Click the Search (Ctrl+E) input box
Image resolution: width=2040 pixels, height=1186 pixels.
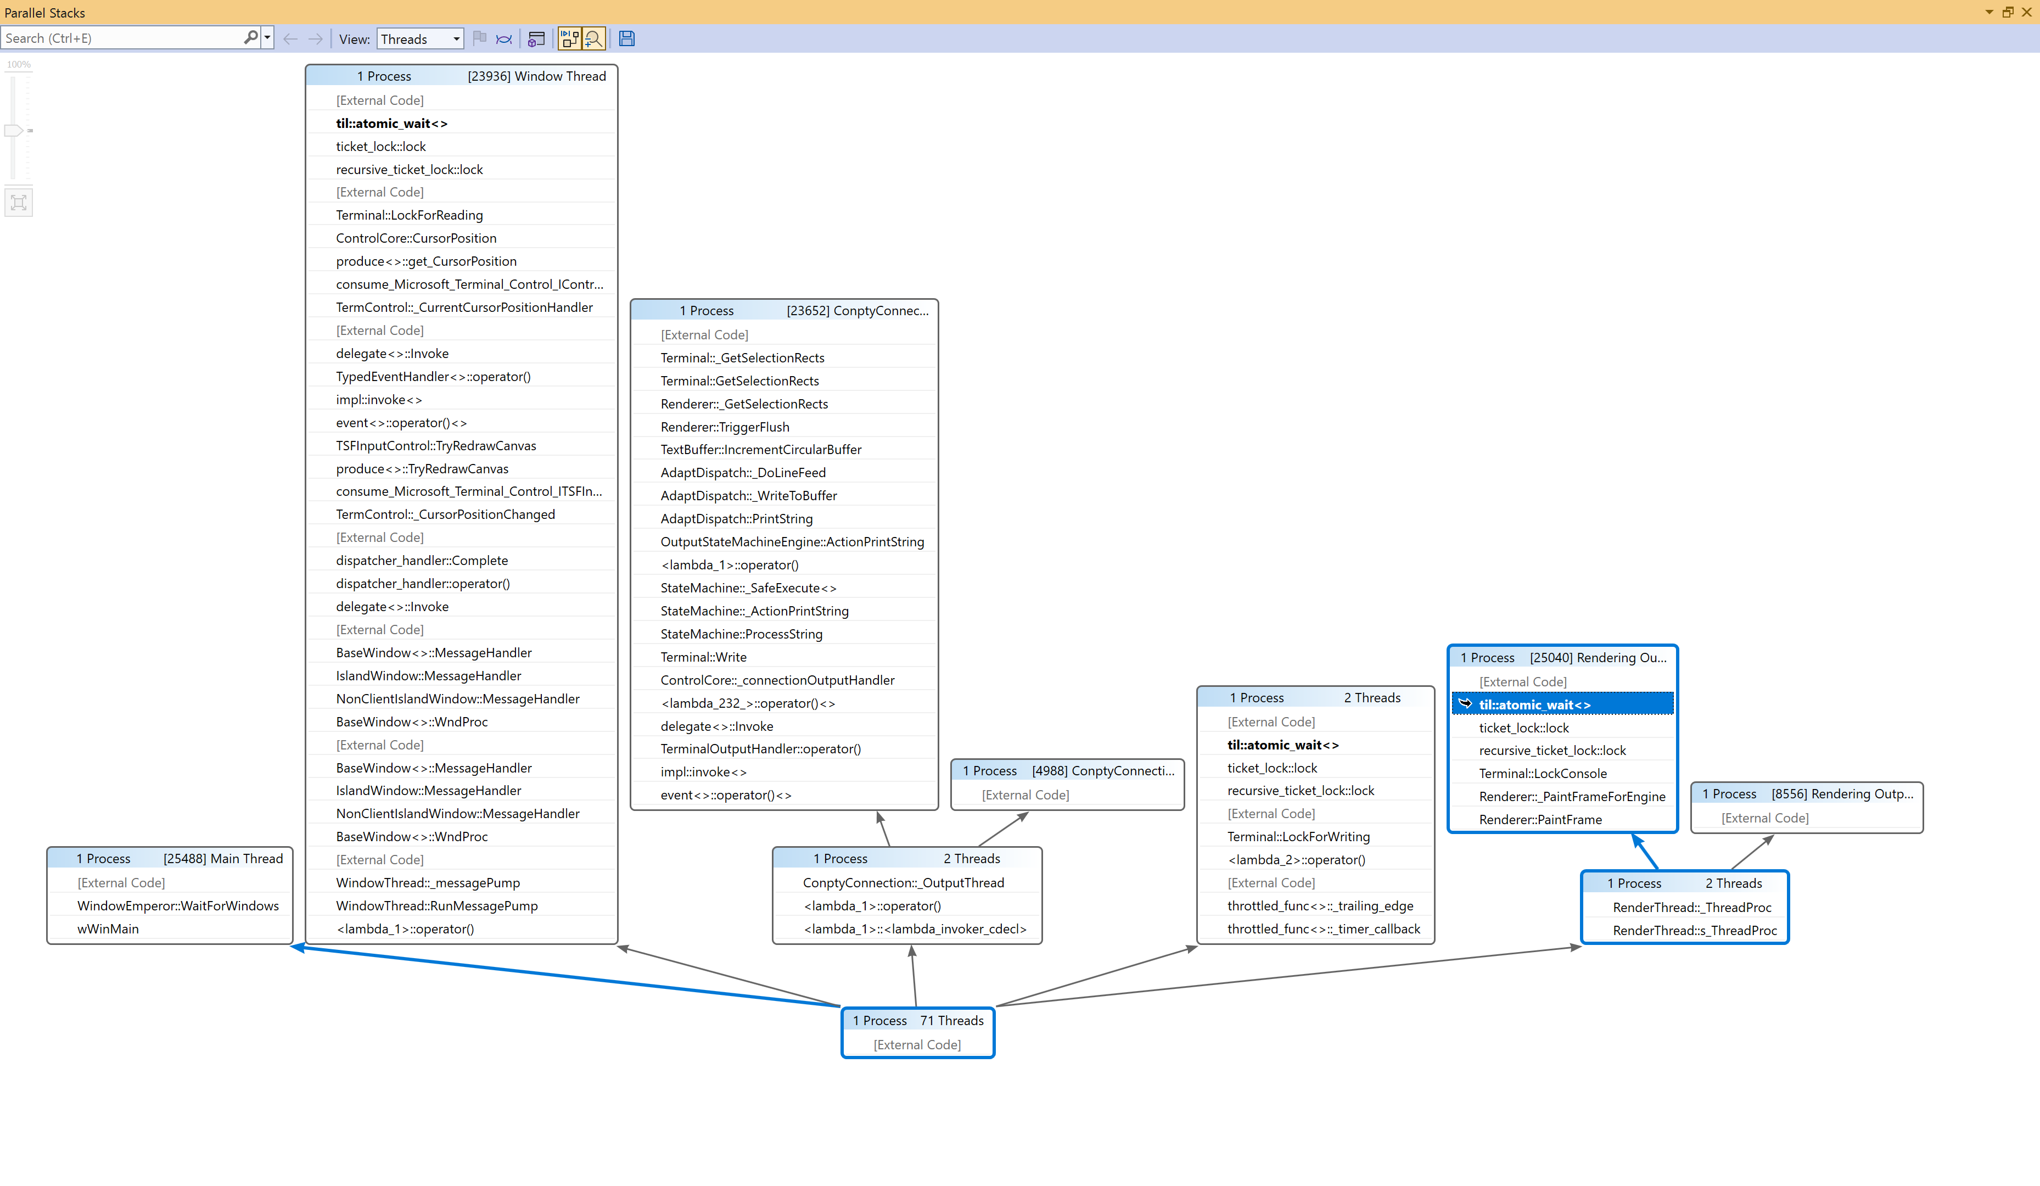click(121, 38)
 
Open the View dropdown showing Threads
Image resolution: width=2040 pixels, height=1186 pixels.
click(420, 39)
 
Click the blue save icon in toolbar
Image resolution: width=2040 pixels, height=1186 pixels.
click(626, 39)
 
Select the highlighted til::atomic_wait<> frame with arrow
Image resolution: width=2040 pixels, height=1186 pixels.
click(1534, 704)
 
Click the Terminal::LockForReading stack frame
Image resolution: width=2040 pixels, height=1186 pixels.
click(409, 215)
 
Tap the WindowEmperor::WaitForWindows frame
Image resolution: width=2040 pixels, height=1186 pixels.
click(177, 906)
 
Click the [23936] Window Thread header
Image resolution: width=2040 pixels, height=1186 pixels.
click(536, 76)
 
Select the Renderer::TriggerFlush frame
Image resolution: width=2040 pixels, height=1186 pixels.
click(725, 427)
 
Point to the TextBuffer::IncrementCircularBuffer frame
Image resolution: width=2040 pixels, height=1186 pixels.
click(761, 449)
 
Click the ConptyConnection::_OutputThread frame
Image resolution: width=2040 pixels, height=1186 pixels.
click(903, 882)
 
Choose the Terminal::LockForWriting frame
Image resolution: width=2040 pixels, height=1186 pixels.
click(1298, 836)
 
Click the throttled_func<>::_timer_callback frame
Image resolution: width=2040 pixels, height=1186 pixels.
click(1323, 928)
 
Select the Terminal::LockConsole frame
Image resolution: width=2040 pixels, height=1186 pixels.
click(1542, 773)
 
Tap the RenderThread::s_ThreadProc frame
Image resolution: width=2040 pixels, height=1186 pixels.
click(1694, 930)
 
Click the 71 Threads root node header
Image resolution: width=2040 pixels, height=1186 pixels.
click(918, 1020)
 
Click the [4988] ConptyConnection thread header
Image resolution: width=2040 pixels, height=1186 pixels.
click(1102, 771)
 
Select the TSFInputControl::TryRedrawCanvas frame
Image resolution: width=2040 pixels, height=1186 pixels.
click(435, 445)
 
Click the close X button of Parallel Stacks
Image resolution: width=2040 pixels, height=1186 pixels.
click(2026, 12)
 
